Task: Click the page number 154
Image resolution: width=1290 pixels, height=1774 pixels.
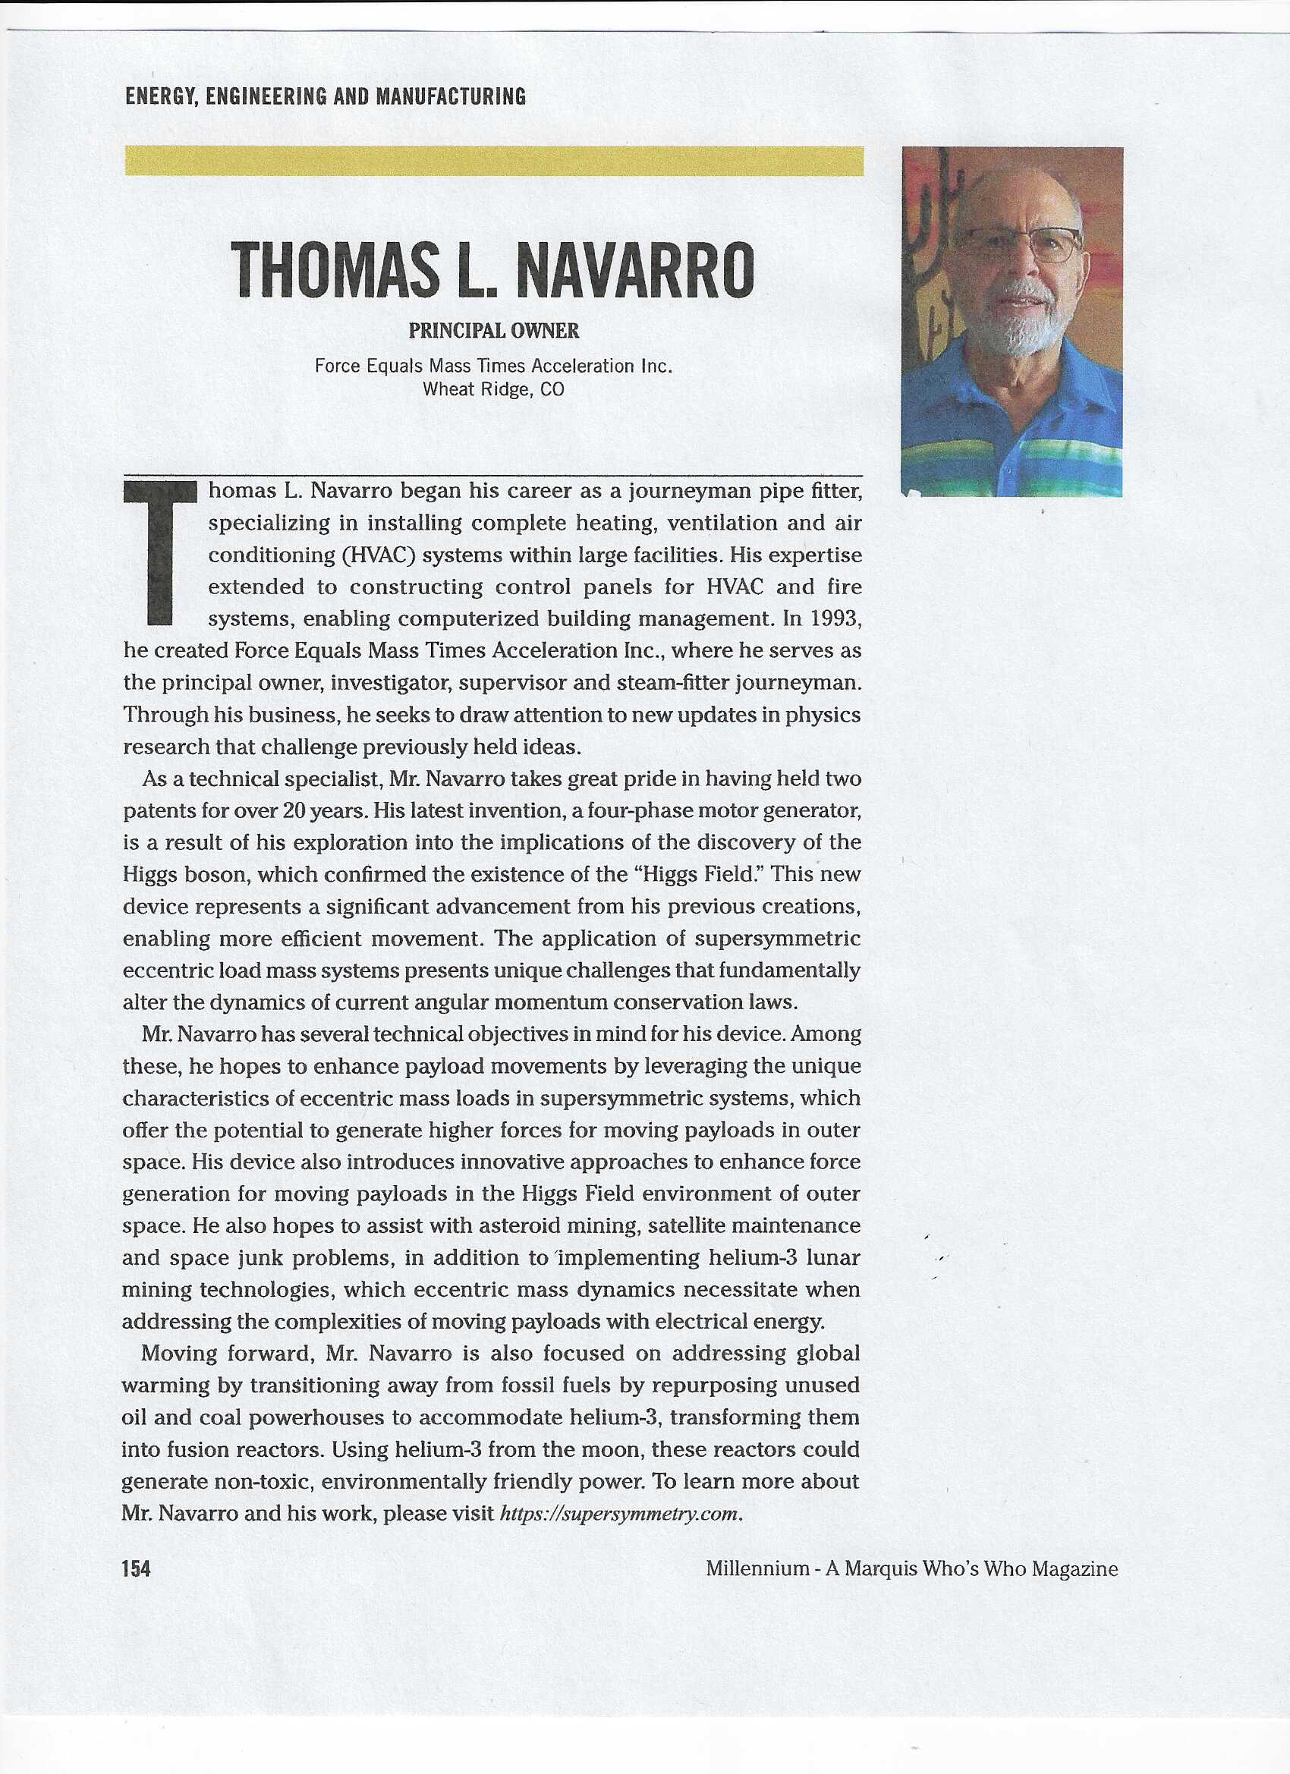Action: [x=136, y=1568]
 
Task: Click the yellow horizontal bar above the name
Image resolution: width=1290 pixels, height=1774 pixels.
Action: [x=494, y=161]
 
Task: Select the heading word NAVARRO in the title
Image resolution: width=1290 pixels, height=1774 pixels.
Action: [x=634, y=271]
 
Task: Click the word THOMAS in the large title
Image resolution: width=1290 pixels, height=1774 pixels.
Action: [x=334, y=271]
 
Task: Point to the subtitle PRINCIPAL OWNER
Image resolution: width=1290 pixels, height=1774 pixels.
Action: [x=494, y=331]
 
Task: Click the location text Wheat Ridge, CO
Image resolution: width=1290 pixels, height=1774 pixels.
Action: [x=494, y=389]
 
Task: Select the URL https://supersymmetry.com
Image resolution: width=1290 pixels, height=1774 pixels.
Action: [x=618, y=1513]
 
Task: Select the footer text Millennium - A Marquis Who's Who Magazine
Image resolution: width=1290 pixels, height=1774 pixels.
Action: [x=911, y=1568]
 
